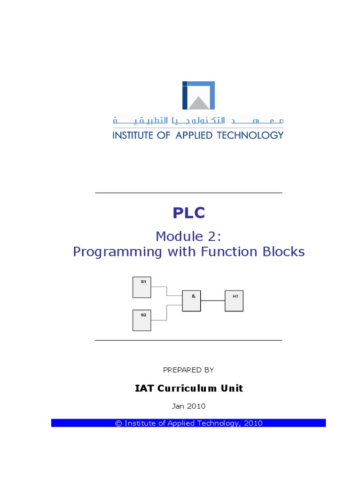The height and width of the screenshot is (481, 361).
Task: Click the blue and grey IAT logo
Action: coord(198,95)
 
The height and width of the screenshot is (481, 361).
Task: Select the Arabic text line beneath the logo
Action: coord(198,121)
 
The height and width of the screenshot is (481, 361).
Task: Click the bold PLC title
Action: coord(188,213)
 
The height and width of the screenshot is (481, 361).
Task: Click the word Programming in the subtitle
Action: coord(118,252)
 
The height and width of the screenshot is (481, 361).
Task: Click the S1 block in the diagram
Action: coord(141,287)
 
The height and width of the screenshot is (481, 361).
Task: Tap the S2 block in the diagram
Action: coord(141,320)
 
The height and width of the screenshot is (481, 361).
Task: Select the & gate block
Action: coord(191,301)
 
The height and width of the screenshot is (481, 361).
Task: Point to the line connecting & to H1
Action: coord(212,301)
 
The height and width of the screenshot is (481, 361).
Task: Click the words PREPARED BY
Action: coord(188,370)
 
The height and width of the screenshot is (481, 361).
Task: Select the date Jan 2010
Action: coord(188,406)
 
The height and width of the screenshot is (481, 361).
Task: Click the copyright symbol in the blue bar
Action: coord(118,423)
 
